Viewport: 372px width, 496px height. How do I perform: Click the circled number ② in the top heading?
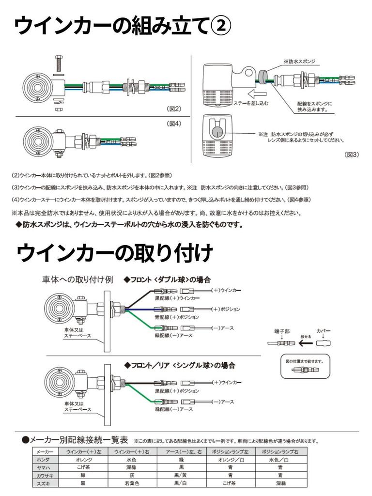[220, 25]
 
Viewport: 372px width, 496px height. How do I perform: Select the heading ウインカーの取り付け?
[114, 252]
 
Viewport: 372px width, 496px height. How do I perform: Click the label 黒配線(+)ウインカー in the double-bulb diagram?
[177, 298]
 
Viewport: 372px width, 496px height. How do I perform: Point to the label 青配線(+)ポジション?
[177, 317]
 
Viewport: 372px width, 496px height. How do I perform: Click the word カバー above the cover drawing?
[324, 331]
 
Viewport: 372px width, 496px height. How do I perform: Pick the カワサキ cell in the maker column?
[41, 476]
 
